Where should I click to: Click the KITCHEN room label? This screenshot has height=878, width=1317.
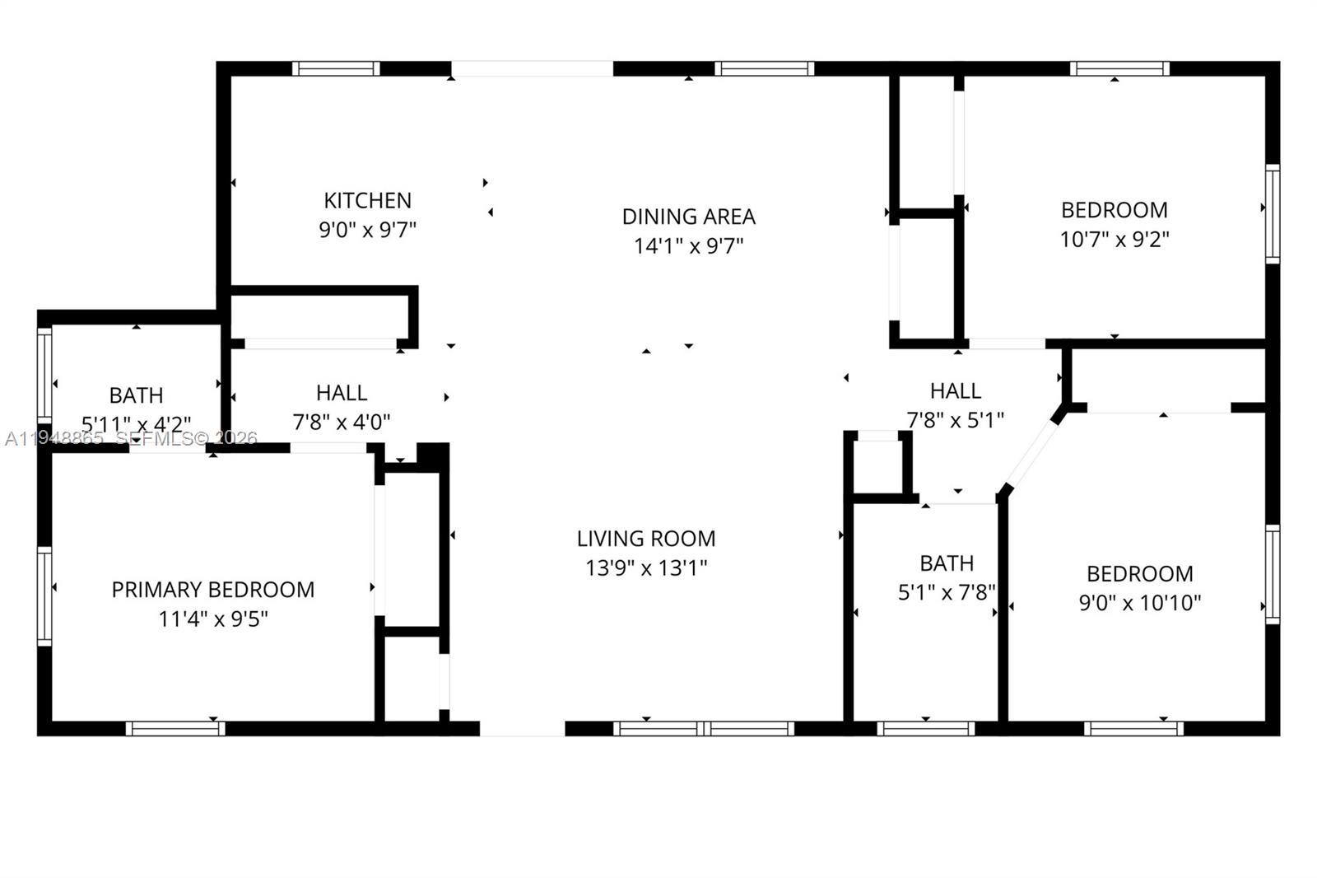click(x=367, y=200)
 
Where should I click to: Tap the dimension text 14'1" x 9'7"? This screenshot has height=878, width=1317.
click(x=688, y=245)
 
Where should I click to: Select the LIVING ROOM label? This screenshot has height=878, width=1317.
click(x=645, y=539)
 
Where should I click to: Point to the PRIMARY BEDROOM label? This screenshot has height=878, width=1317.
click(x=212, y=590)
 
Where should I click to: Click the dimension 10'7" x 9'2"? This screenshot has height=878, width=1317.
click(x=1114, y=239)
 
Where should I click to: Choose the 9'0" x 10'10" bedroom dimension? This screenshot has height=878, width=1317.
click(x=1139, y=603)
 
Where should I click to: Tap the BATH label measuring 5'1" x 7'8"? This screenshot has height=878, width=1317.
click(x=947, y=563)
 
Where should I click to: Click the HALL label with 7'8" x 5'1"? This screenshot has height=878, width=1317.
click(x=955, y=390)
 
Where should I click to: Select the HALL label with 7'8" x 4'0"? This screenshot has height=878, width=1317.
click(x=341, y=393)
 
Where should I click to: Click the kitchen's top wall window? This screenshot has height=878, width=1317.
click(x=335, y=68)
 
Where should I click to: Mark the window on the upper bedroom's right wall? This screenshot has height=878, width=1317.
click(x=1273, y=214)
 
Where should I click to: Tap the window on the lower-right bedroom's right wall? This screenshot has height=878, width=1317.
click(x=1273, y=574)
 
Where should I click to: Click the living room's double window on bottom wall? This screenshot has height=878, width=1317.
click(x=704, y=728)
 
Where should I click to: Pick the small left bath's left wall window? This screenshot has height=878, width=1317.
click(x=44, y=375)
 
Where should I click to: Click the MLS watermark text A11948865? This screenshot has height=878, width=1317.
click(x=54, y=439)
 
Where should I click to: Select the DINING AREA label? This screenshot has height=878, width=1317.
click(x=688, y=217)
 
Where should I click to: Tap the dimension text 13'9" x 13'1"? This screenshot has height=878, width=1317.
click(x=645, y=567)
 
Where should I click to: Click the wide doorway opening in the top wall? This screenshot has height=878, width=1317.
click(x=532, y=68)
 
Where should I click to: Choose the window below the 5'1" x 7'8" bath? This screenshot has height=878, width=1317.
click(x=925, y=728)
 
